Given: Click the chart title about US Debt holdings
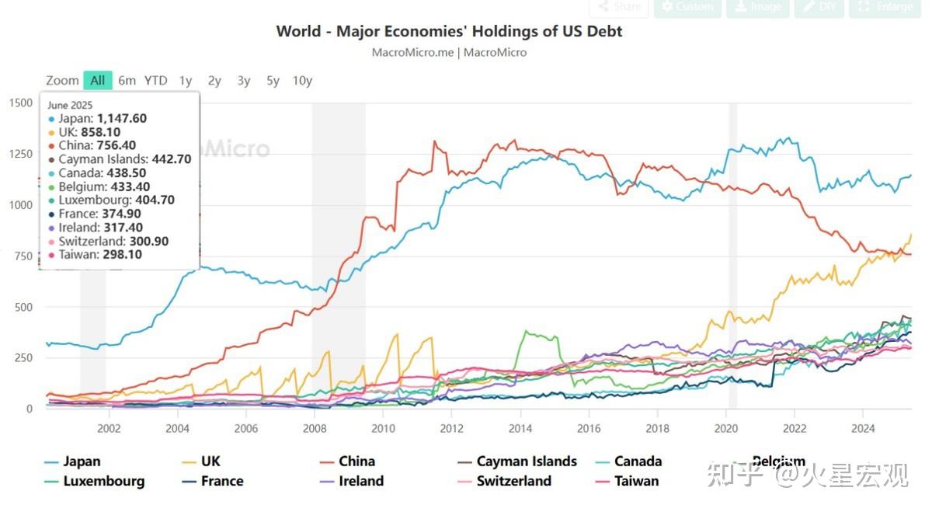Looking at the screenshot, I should (449, 31).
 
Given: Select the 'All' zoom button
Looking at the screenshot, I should (97, 80).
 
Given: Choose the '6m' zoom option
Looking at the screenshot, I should (127, 80).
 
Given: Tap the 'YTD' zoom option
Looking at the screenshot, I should (155, 80).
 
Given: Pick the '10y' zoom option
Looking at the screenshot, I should (302, 80).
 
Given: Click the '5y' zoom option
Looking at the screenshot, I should (273, 80).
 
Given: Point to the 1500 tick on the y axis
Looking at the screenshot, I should (20, 103).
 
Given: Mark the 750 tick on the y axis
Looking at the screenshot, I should (23, 256).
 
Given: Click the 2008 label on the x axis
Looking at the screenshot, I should (315, 427).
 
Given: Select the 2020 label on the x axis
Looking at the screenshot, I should (725, 427).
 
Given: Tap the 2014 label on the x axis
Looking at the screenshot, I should (520, 427).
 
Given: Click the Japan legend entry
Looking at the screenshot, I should (82, 461).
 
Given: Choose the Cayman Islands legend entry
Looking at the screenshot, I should (527, 461).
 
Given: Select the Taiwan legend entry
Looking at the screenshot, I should (636, 481).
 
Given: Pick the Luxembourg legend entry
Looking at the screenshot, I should (103, 481).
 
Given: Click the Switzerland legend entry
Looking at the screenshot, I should (513, 481).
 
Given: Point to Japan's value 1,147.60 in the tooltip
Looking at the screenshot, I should (122, 118).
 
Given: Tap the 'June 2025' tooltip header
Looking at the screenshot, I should (70, 105).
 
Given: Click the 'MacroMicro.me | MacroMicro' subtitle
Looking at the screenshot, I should (449, 53).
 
